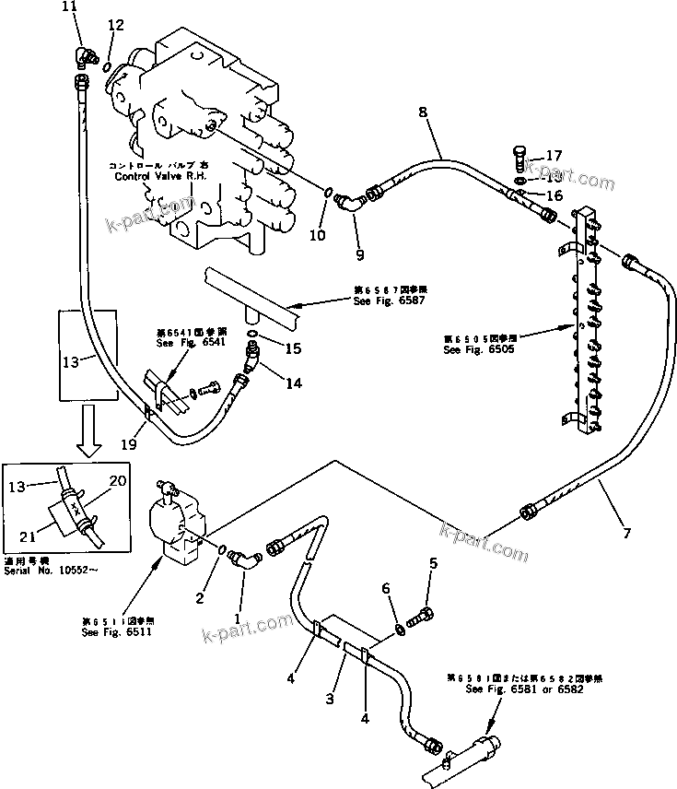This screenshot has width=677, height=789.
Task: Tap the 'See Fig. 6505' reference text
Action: [x=479, y=350]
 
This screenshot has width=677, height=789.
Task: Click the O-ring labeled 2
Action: [x=225, y=550]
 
